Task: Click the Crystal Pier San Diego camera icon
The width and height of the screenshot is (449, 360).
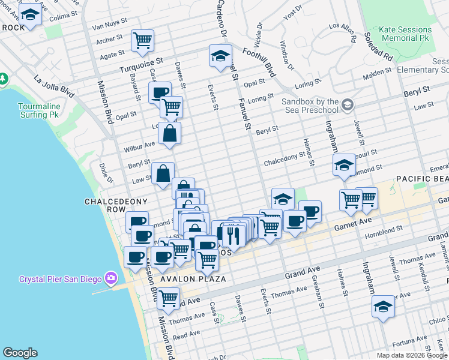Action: (110, 278)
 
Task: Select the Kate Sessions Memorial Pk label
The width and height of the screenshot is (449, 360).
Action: (406, 34)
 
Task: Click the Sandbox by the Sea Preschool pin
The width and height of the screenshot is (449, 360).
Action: (347, 106)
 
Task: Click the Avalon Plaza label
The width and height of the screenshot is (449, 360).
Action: (193, 279)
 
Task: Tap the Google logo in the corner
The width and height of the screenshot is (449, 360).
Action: (20, 353)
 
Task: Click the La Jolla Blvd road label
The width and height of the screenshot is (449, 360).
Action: (55, 86)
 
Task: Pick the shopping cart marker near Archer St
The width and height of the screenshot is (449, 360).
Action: (143, 41)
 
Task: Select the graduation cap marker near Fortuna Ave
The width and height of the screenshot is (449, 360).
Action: (383, 307)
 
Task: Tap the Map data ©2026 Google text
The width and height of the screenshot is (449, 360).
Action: (411, 355)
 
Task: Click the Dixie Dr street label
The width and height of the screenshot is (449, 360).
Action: (106, 173)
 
